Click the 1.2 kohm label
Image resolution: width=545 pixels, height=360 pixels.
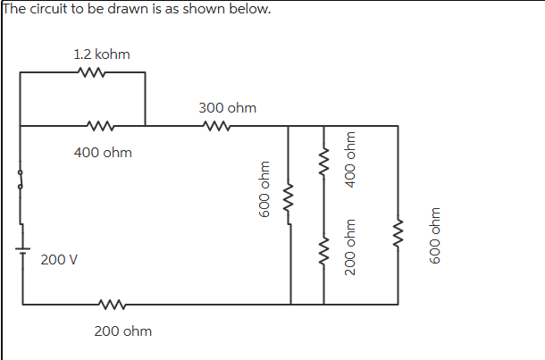pos(101,54)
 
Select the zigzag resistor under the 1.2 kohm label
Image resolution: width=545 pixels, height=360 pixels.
pos(93,73)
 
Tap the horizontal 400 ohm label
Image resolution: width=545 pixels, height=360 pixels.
pos(103,153)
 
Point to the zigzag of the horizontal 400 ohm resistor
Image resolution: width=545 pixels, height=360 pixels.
pos(100,126)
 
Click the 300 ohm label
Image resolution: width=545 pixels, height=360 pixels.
pos(227,108)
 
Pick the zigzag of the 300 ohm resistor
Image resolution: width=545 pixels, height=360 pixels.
pos(218,126)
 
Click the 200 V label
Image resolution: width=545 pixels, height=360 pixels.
pos(59,260)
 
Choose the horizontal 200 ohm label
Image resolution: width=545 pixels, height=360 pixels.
pos(122,331)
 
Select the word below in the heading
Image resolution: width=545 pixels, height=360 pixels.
pos(250,9)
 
